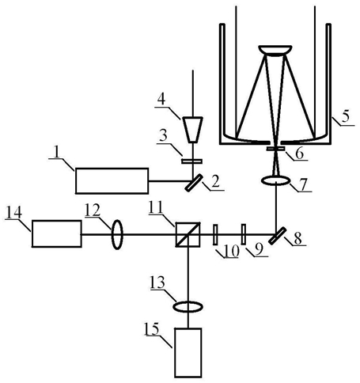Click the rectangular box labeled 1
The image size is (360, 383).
coord(112,180)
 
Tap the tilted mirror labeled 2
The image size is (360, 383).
coord(194,183)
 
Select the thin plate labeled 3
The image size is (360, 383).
coord(192,161)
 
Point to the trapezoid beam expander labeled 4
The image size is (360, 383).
coord(192,130)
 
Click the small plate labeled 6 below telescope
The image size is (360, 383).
coord(275,149)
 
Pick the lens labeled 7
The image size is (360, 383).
coord(275,181)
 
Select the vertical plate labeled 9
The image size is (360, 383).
coord(244,234)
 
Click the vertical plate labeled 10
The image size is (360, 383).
coord(215,234)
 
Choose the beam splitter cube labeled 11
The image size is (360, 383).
coord(188,234)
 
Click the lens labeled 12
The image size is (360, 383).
coord(117,234)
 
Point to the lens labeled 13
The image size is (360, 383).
coord(188,307)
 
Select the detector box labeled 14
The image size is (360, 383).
coord(56,233)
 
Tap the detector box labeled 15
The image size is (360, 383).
coord(188,353)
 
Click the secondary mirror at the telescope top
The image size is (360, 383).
coord(275,51)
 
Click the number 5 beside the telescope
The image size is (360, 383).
coord(345,116)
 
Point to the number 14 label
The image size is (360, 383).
coord(13,212)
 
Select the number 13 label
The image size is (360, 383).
coord(157,283)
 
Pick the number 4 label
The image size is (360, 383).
coord(161,100)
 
